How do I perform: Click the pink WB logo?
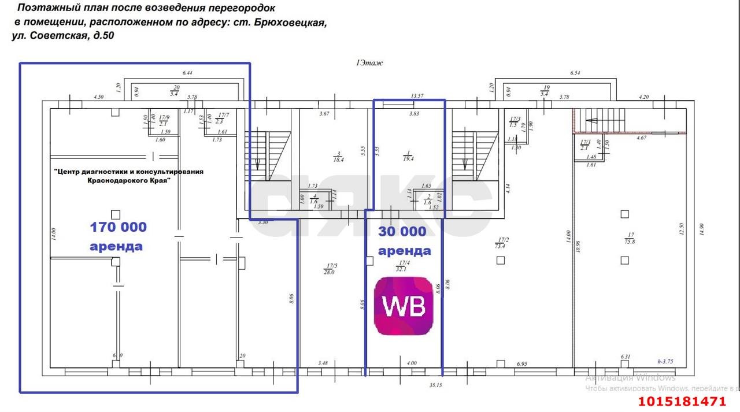[x=404, y=306]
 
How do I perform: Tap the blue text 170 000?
[x=118, y=227]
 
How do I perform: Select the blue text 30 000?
[x=402, y=232]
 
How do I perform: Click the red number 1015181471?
[x=681, y=402]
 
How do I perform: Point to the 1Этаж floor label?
[x=369, y=63]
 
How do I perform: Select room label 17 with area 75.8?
[x=630, y=238]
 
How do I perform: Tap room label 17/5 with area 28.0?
[x=330, y=269]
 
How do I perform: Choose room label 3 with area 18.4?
[x=337, y=157]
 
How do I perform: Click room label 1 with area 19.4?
[x=409, y=156]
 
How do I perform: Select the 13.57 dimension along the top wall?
[x=417, y=96]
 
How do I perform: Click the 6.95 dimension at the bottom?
[x=523, y=363]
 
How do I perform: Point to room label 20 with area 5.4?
[x=174, y=90]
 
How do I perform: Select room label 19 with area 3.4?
[x=544, y=90]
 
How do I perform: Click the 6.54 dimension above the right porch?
[x=575, y=73]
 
